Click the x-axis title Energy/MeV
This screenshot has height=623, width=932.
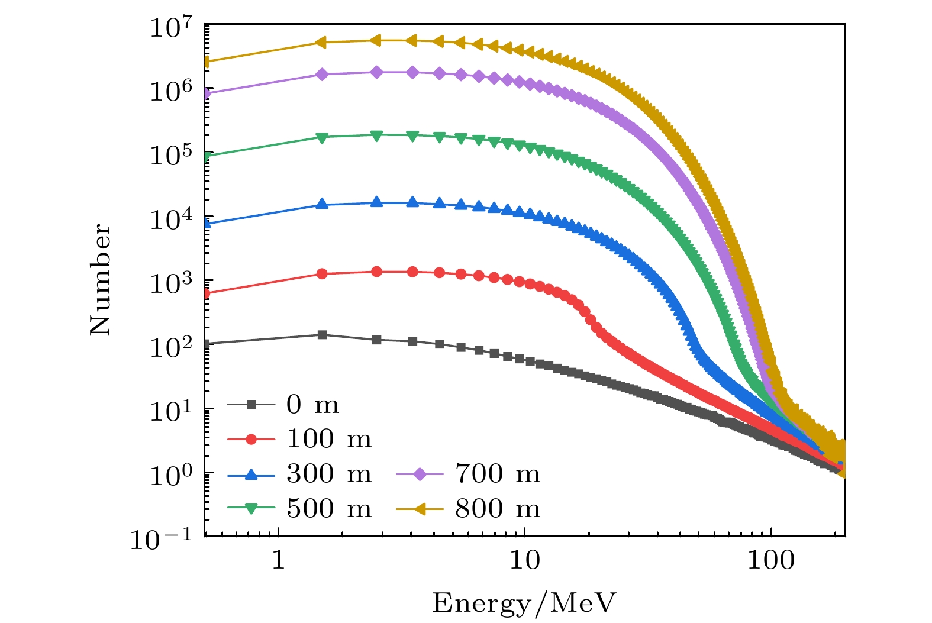[524, 603]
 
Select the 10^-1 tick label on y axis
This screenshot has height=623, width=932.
[161, 539]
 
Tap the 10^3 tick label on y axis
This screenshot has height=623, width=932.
[171, 283]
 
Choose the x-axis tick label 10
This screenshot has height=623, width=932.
[525, 560]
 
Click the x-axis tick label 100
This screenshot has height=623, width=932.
[771, 560]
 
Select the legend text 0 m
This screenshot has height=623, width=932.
[313, 405]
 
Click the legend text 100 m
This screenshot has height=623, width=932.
[329, 439]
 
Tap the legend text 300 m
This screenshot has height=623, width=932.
[329, 474]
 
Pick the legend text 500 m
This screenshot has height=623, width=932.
[329, 508]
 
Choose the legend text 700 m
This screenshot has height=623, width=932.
[498, 474]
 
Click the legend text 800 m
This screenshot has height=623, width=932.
[498, 508]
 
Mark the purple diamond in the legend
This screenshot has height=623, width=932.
[420, 474]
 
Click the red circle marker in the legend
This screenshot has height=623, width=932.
[251, 439]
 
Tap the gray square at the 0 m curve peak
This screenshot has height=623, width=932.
[322, 335]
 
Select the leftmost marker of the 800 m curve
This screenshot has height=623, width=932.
[207, 62]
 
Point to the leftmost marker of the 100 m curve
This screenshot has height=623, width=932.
[207, 293]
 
